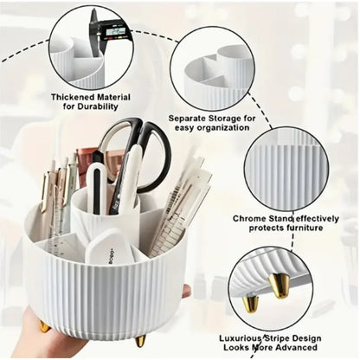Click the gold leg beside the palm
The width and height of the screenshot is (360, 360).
pos(43,325)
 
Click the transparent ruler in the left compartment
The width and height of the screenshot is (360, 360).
pos(61,221)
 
